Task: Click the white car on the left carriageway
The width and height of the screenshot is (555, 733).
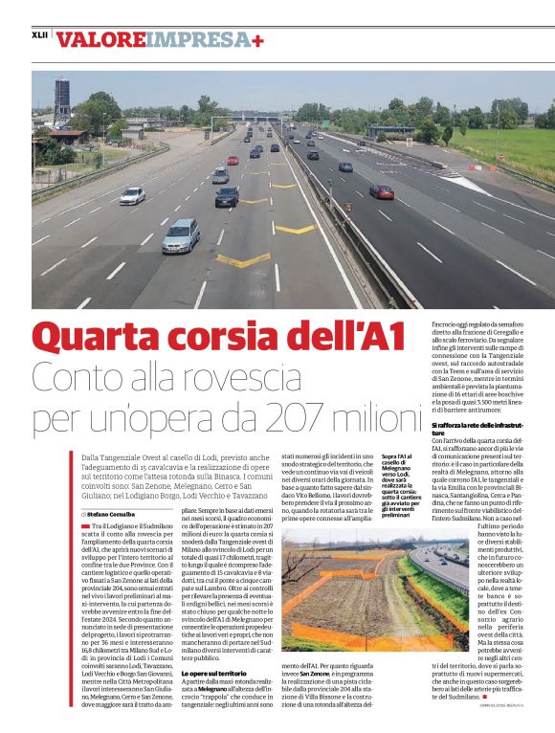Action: click(133, 195)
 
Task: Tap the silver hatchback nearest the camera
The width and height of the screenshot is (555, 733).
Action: click(181, 234)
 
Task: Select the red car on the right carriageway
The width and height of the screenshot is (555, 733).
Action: click(382, 191)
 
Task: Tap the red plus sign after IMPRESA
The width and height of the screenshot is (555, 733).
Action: click(258, 40)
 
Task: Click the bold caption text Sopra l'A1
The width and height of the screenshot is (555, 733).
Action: click(395, 457)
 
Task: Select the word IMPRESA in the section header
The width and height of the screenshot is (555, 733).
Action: click(196, 40)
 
